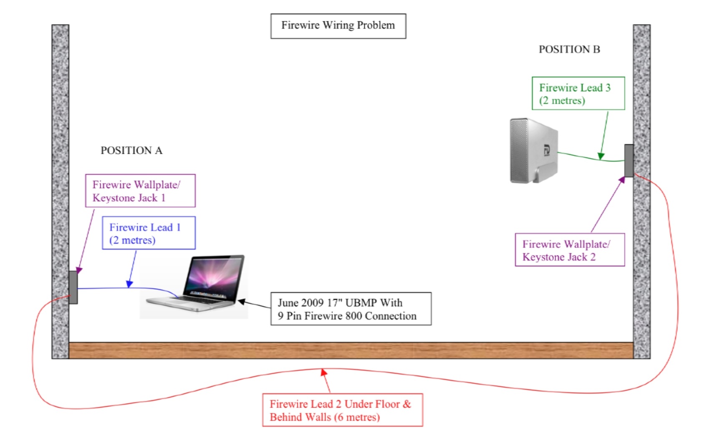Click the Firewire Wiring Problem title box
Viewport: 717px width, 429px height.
coord(338,26)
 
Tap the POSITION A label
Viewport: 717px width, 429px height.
coord(131,150)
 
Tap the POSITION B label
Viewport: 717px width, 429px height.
coord(569,49)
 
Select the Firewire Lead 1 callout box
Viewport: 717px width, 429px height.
coord(149,233)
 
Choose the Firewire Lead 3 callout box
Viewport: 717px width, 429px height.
coord(578,93)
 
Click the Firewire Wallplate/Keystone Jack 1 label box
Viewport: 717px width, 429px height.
coord(140,190)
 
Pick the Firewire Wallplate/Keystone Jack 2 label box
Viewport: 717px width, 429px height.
coord(570,250)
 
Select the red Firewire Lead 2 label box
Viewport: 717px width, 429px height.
coord(343,410)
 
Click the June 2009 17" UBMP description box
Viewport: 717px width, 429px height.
coord(351,309)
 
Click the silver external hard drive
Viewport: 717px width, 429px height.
coord(534,150)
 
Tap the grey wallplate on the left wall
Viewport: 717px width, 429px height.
coord(73,287)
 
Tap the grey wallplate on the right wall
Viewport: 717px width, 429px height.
coord(629,160)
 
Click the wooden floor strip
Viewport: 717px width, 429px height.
coord(351,351)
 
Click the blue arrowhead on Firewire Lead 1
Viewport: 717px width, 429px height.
coord(129,284)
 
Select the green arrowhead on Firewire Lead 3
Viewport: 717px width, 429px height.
coord(601,156)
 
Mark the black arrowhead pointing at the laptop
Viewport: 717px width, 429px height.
coord(242,301)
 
